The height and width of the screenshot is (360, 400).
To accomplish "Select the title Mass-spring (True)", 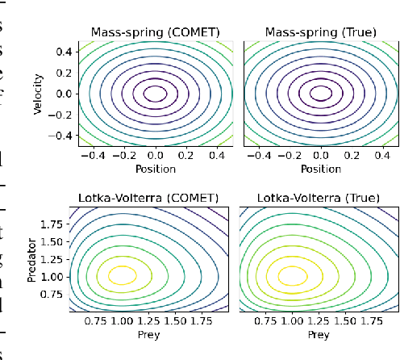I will pos(320,33).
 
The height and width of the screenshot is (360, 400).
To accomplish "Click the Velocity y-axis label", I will pos(38,94).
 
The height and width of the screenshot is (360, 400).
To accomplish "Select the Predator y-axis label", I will pos(32,258).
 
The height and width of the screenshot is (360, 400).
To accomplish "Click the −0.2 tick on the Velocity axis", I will pos(57,115).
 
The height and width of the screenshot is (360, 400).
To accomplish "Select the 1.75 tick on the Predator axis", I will pos(56,222).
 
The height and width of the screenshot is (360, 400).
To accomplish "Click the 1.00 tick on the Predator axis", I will pos(56,276).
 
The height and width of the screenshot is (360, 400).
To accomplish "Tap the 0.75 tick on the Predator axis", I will pos(56,294).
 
